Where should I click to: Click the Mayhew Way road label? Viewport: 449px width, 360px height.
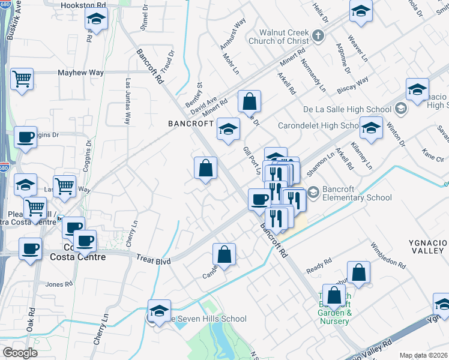(80, 73)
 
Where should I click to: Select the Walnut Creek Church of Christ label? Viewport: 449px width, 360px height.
(284, 37)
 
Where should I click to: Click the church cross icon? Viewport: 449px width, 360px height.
(319, 36)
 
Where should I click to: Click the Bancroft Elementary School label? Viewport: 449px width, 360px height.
(357, 193)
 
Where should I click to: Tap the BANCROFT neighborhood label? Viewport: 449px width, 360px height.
(190, 123)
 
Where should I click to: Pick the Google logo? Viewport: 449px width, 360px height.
(20, 352)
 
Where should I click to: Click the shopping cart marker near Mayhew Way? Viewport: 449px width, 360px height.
(22, 79)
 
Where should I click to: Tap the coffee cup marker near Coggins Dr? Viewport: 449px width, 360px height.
(25, 137)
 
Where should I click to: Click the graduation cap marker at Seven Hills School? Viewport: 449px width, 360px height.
(159, 311)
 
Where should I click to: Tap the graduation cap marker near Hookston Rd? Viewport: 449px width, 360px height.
(96, 20)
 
